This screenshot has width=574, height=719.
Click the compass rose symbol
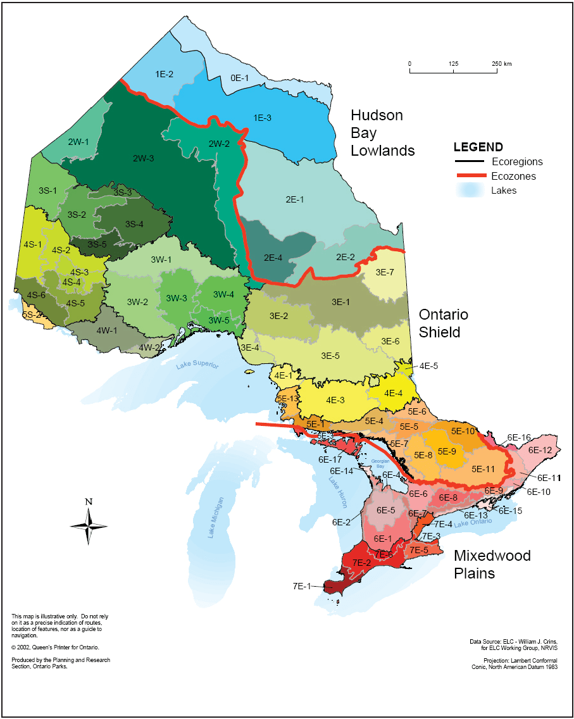tap(89, 522)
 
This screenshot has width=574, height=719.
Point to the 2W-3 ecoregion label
tap(143, 158)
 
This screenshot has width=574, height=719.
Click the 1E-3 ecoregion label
tap(262, 118)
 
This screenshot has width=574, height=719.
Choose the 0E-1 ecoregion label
tap(240, 78)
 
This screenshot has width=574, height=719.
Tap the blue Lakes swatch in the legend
tap(469, 190)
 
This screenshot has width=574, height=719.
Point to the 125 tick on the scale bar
tap(453, 64)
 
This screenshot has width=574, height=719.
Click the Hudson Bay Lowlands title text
tap(383, 133)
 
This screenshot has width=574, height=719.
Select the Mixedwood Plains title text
tap(492, 565)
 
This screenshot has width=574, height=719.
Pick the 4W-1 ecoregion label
tap(106, 330)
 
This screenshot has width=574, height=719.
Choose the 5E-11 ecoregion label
tap(483, 469)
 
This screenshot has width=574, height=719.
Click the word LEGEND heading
tap(478, 147)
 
